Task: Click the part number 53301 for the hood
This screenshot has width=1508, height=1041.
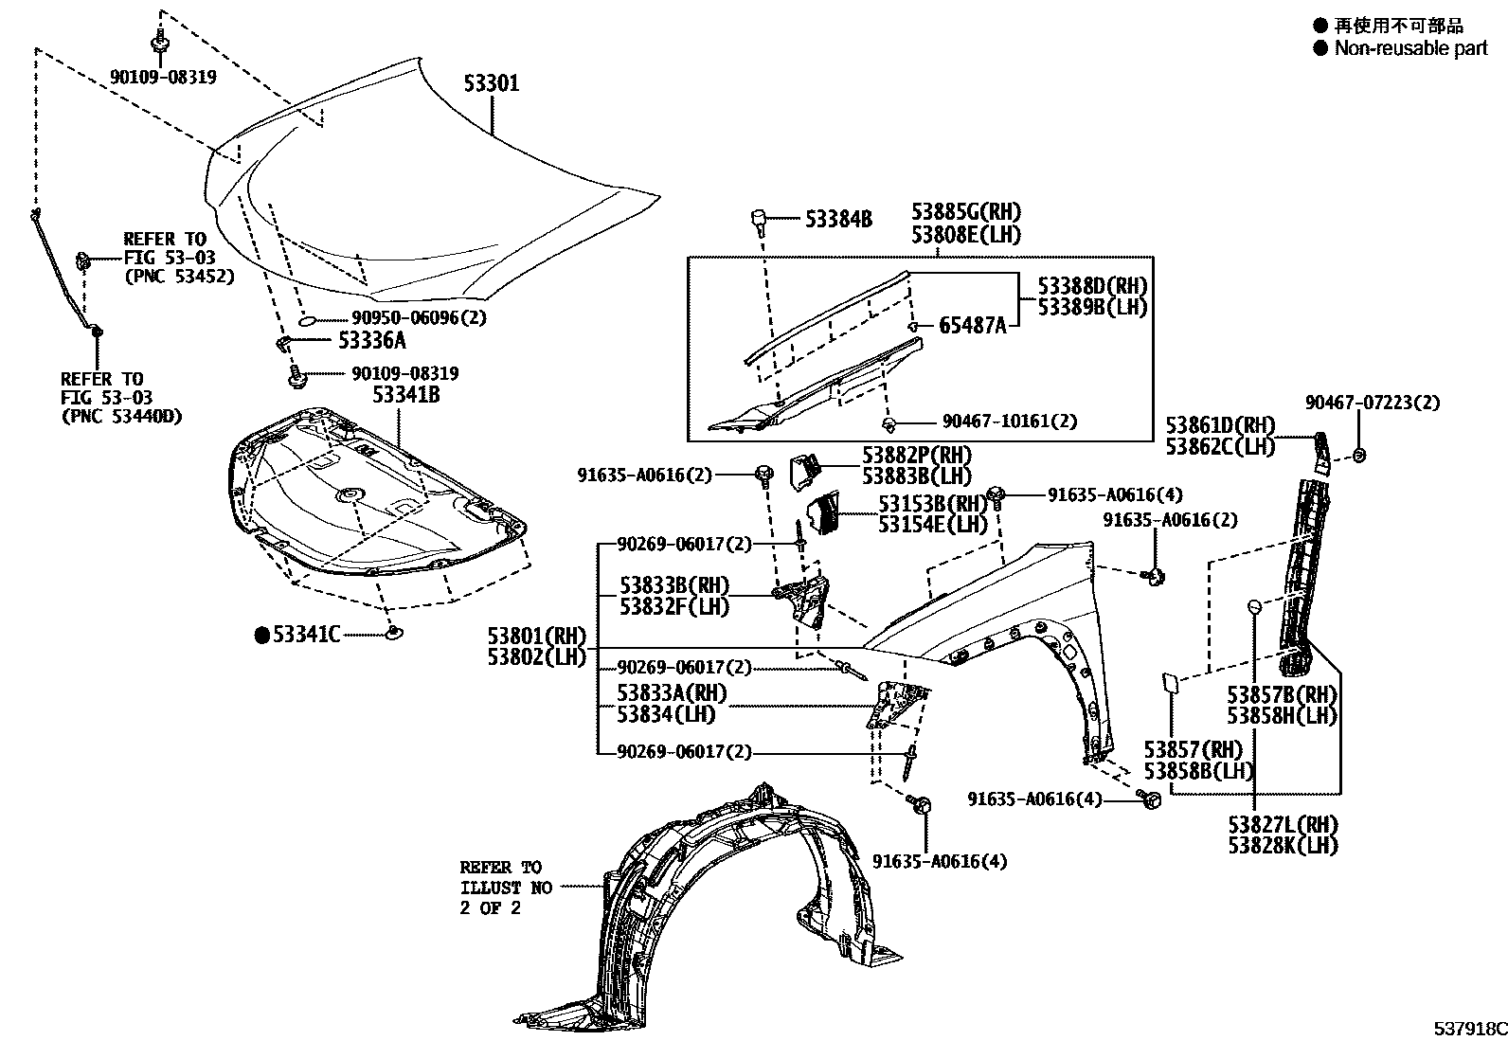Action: point(491,84)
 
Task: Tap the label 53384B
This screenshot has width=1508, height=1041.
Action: point(838,220)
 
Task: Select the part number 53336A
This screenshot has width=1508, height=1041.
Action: point(372,340)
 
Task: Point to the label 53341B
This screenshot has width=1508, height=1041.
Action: point(405,395)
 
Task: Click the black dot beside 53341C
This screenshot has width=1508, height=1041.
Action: point(262,635)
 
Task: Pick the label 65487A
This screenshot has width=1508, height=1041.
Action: point(973,326)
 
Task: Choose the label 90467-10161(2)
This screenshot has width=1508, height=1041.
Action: point(1010,422)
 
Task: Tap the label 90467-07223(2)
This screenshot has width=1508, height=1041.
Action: point(1372,403)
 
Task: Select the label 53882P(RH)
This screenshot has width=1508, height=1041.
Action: point(917,456)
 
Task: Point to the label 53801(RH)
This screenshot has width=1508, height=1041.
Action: point(537,636)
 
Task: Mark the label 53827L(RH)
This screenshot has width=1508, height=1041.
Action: point(1283,825)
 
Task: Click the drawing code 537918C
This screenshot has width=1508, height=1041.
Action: point(1468,1029)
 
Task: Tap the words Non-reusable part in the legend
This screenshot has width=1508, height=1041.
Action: point(1410,48)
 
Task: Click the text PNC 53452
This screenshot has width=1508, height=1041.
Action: point(179,277)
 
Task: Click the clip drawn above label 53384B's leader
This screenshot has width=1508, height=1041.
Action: point(759,220)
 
